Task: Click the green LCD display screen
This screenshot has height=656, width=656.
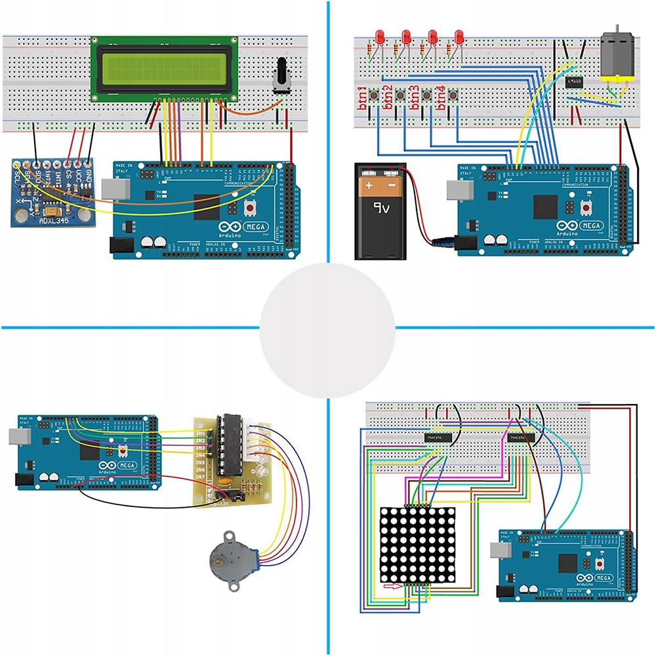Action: [162, 68]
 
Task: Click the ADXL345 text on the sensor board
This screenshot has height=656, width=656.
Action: [54, 217]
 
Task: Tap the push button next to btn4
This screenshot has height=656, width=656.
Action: [451, 96]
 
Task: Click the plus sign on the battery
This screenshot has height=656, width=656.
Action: [369, 186]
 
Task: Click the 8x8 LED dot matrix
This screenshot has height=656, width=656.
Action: [418, 544]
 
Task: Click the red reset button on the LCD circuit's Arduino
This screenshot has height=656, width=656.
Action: [250, 209]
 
